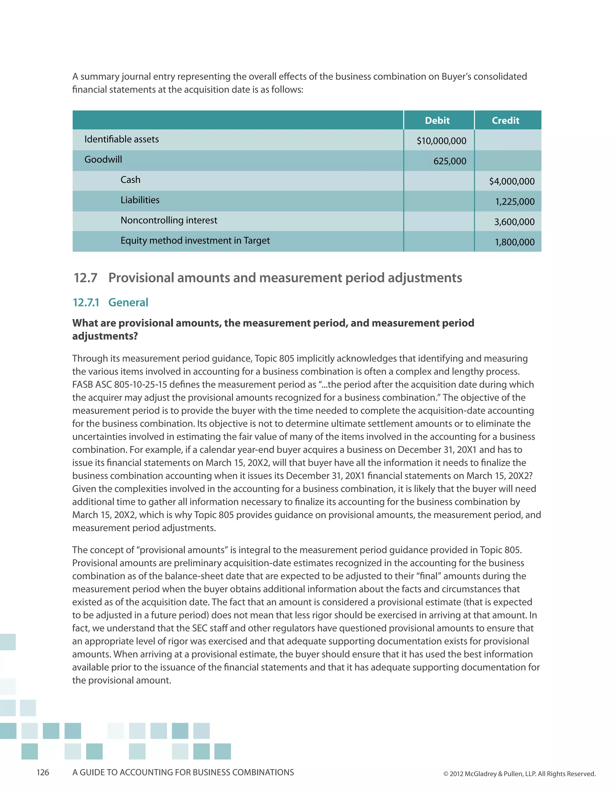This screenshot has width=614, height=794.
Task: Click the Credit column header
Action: click(x=505, y=120)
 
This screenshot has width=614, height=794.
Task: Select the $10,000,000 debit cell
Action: click(x=441, y=141)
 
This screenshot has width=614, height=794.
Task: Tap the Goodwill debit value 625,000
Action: click(x=450, y=161)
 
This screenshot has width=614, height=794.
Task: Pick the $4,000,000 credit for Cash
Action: click(x=511, y=181)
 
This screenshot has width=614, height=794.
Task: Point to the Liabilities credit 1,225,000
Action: click(x=515, y=201)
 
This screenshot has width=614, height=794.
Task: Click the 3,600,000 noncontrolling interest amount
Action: click(x=514, y=222)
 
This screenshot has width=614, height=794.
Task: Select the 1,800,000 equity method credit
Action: click(x=515, y=242)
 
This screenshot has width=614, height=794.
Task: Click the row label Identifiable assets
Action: click(x=121, y=139)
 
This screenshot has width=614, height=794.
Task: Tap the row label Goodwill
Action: click(x=103, y=159)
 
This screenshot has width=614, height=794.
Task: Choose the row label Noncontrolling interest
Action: click(x=169, y=220)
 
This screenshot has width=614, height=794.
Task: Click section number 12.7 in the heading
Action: click(x=85, y=278)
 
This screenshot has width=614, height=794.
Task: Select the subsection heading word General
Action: click(x=128, y=303)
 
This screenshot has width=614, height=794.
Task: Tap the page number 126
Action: click(x=43, y=772)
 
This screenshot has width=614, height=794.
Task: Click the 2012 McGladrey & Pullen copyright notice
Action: click(x=520, y=774)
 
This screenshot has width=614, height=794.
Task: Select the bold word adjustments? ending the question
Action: click(x=105, y=336)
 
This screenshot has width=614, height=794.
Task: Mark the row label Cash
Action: click(x=130, y=179)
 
